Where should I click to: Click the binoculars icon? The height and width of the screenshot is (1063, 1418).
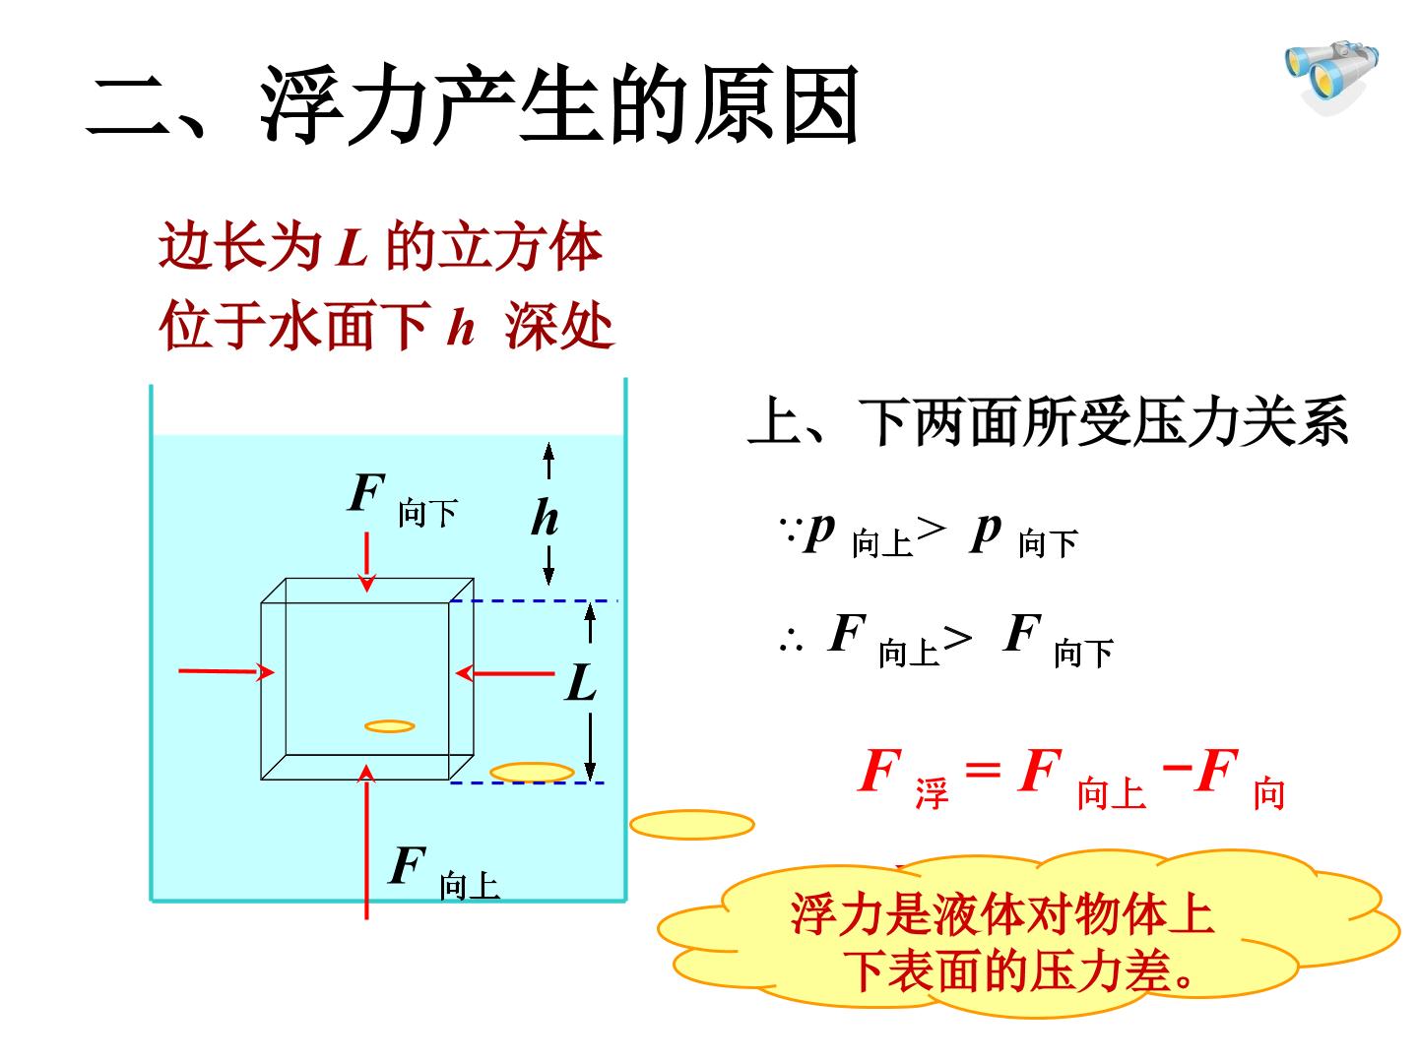pos(1329,77)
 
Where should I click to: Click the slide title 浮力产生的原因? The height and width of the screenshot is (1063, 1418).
pos(559,104)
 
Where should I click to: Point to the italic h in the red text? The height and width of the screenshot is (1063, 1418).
pos(461,327)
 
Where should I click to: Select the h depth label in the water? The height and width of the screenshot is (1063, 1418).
pos(546,517)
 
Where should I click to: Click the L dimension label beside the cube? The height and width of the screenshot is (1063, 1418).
pos(580,682)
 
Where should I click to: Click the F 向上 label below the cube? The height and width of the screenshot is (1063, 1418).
pos(443,871)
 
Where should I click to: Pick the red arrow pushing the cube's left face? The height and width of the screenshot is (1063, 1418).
pos(226,672)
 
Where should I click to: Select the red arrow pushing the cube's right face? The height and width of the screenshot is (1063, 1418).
pos(505,673)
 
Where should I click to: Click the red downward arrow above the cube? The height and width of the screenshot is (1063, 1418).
pos(367,561)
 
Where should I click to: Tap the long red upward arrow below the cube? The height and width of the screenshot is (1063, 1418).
pos(366,842)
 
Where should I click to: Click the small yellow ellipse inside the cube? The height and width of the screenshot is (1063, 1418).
pos(390,726)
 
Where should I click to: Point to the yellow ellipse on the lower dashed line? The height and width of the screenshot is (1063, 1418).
pos(532,772)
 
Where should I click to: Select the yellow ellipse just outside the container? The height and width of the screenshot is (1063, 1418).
pos(692,825)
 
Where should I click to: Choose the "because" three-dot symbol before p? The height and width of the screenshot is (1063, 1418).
pos(791,530)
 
